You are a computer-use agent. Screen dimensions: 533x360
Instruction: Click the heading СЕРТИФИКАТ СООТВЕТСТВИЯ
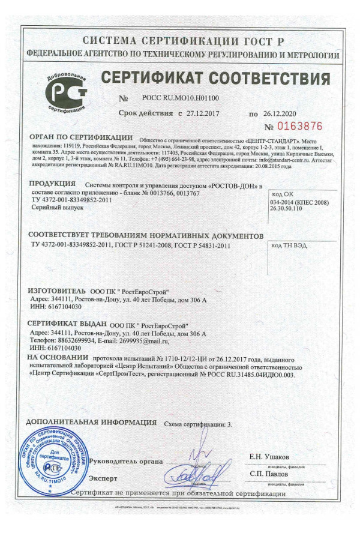click(215, 79)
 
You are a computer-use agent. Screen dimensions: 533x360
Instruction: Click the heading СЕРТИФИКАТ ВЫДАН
click(67, 325)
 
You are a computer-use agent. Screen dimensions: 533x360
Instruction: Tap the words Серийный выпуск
click(53, 206)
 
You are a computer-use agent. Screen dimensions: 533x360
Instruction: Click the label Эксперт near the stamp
click(103, 478)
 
